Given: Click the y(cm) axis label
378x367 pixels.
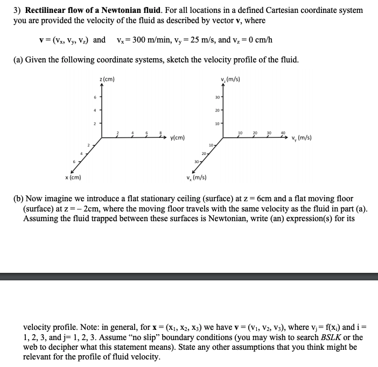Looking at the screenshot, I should pyautogui.click(x=177, y=138).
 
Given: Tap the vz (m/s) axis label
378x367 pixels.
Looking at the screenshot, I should pyautogui.click(x=230, y=80).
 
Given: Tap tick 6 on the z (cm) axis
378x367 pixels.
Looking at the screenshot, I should pyautogui.click(x=95, y=97).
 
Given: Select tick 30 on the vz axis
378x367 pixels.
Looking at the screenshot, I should pyautogui.click(x=217, y=97).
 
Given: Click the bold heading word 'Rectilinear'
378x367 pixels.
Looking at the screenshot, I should pyautogui.click(x=46, y=10).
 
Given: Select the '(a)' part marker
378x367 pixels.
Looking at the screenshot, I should pyautogui.click(x=18, y=59).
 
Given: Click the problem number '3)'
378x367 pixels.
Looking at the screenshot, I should pyautogui.click(x=16, y=10).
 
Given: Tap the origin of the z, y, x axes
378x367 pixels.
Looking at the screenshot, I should pyautogui.click(x=102, y=136).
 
